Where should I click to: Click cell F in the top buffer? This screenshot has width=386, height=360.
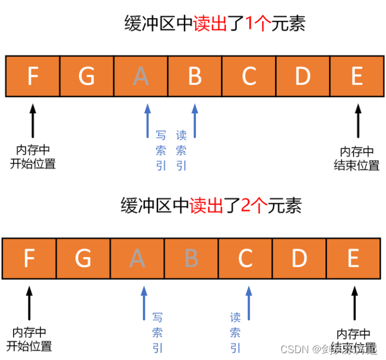click(x=32, y=76)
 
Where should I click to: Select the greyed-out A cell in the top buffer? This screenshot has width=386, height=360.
click(x=141, y=76)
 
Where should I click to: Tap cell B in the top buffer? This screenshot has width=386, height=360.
click(x=195, y=76)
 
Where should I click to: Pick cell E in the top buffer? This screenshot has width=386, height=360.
click(x=356, y=76)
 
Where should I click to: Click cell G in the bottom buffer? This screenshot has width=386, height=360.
click(x=83, y=259)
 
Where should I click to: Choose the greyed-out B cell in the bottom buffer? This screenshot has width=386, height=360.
click(x=191, y=259)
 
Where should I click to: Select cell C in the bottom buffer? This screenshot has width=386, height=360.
click(x=245, y=259)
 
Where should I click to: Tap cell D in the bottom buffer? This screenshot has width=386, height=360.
click(x=299, y=259)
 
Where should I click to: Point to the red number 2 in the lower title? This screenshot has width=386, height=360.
click(x=246, y=206)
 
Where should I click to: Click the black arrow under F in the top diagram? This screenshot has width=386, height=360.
click(x=32, y=120)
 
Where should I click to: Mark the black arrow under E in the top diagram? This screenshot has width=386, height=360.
click(x=357, y=120)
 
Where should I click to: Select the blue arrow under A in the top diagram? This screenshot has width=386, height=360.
click(x=147, y=120)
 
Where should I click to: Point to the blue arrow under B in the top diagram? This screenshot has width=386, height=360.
click(x=195, y=120)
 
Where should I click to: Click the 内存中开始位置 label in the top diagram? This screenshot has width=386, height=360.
click(x=33, y=157)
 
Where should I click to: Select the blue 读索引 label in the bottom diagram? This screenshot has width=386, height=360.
click(x=235, y=333)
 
